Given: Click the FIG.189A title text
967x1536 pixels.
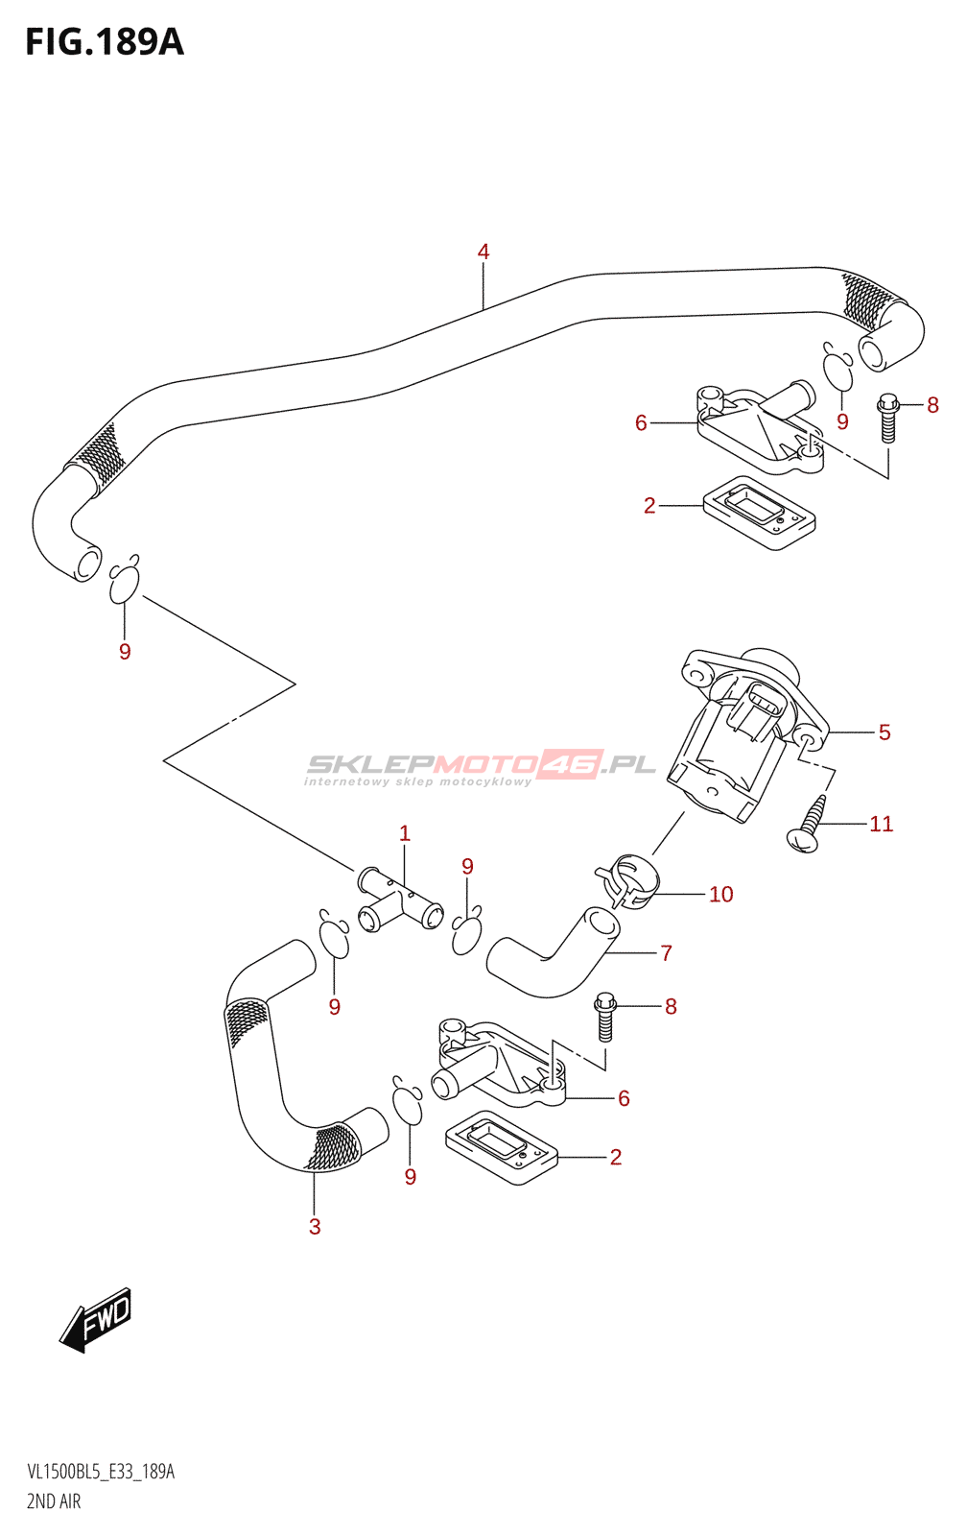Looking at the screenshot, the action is point(105,42).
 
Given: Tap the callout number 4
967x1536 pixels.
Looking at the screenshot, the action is point(483,252).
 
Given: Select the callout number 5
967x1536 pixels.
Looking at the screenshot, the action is point(884,732).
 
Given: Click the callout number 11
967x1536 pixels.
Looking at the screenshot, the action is point(882,824).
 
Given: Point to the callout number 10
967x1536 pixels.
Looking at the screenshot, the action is point(721,894).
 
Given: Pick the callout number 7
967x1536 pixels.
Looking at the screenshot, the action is point(666,952).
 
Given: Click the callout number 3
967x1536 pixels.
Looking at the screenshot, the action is point(315,1227).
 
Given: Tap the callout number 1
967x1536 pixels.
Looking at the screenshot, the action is point(404,834).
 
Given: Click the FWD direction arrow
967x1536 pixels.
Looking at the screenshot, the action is point(95,1321).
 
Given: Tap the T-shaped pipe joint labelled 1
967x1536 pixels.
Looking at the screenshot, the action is point(399,899).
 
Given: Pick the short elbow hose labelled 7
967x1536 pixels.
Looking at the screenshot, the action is point(553,951).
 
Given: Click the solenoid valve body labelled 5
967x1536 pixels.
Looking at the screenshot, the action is point(747,733).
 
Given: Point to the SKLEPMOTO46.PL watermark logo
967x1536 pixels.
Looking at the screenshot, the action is point(480,768).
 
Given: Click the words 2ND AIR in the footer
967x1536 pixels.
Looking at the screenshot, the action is point(54,1501).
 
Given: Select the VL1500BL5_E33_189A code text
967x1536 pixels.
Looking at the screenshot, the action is point(100,1473).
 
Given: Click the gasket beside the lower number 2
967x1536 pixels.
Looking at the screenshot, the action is point(502,1148).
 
